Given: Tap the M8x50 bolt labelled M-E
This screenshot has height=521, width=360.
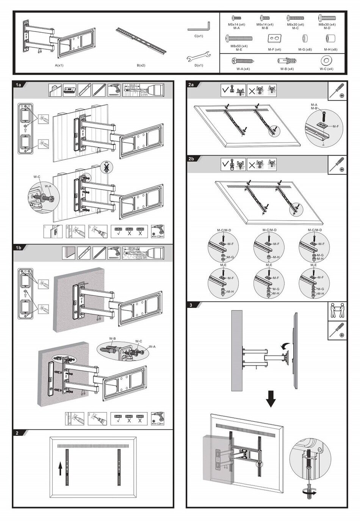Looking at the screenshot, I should [x=239, y=38].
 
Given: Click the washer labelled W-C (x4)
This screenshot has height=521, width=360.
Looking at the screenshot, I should [x=326, y=61].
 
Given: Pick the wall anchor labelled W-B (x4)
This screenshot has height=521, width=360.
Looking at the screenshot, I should [x=286, y=61].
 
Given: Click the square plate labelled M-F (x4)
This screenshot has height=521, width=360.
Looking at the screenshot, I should [x=274, y=39].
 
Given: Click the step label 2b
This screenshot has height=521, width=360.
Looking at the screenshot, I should [x=191, y=159].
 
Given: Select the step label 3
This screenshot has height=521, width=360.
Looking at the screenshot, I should [x=191, y=305].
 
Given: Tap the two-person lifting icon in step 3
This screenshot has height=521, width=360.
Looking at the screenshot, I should [x=337, y=311].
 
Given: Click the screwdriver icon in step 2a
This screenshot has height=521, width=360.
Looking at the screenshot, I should [x=337, y=91].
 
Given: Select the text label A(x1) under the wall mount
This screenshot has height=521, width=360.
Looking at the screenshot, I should [x=59, y=66].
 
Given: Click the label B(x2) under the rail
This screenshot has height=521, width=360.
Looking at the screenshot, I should [x=141, y=66].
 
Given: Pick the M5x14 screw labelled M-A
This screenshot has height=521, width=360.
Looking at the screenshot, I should [x=236, y=18].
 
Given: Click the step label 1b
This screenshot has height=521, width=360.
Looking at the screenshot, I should [x=19, y=248].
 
